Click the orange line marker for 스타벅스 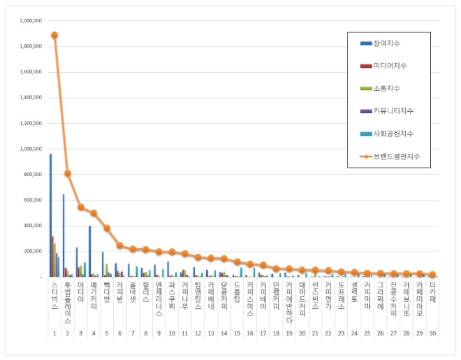[54, 35]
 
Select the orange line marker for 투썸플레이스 [68, 173]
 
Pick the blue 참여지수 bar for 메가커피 [89, 251]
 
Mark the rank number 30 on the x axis [433, 333]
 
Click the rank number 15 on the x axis [237, 333]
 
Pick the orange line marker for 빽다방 [107, 228]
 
